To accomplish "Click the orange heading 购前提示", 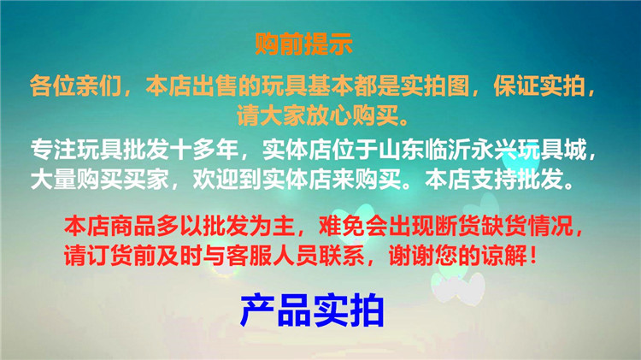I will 303,42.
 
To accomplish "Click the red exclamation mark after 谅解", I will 532,255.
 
